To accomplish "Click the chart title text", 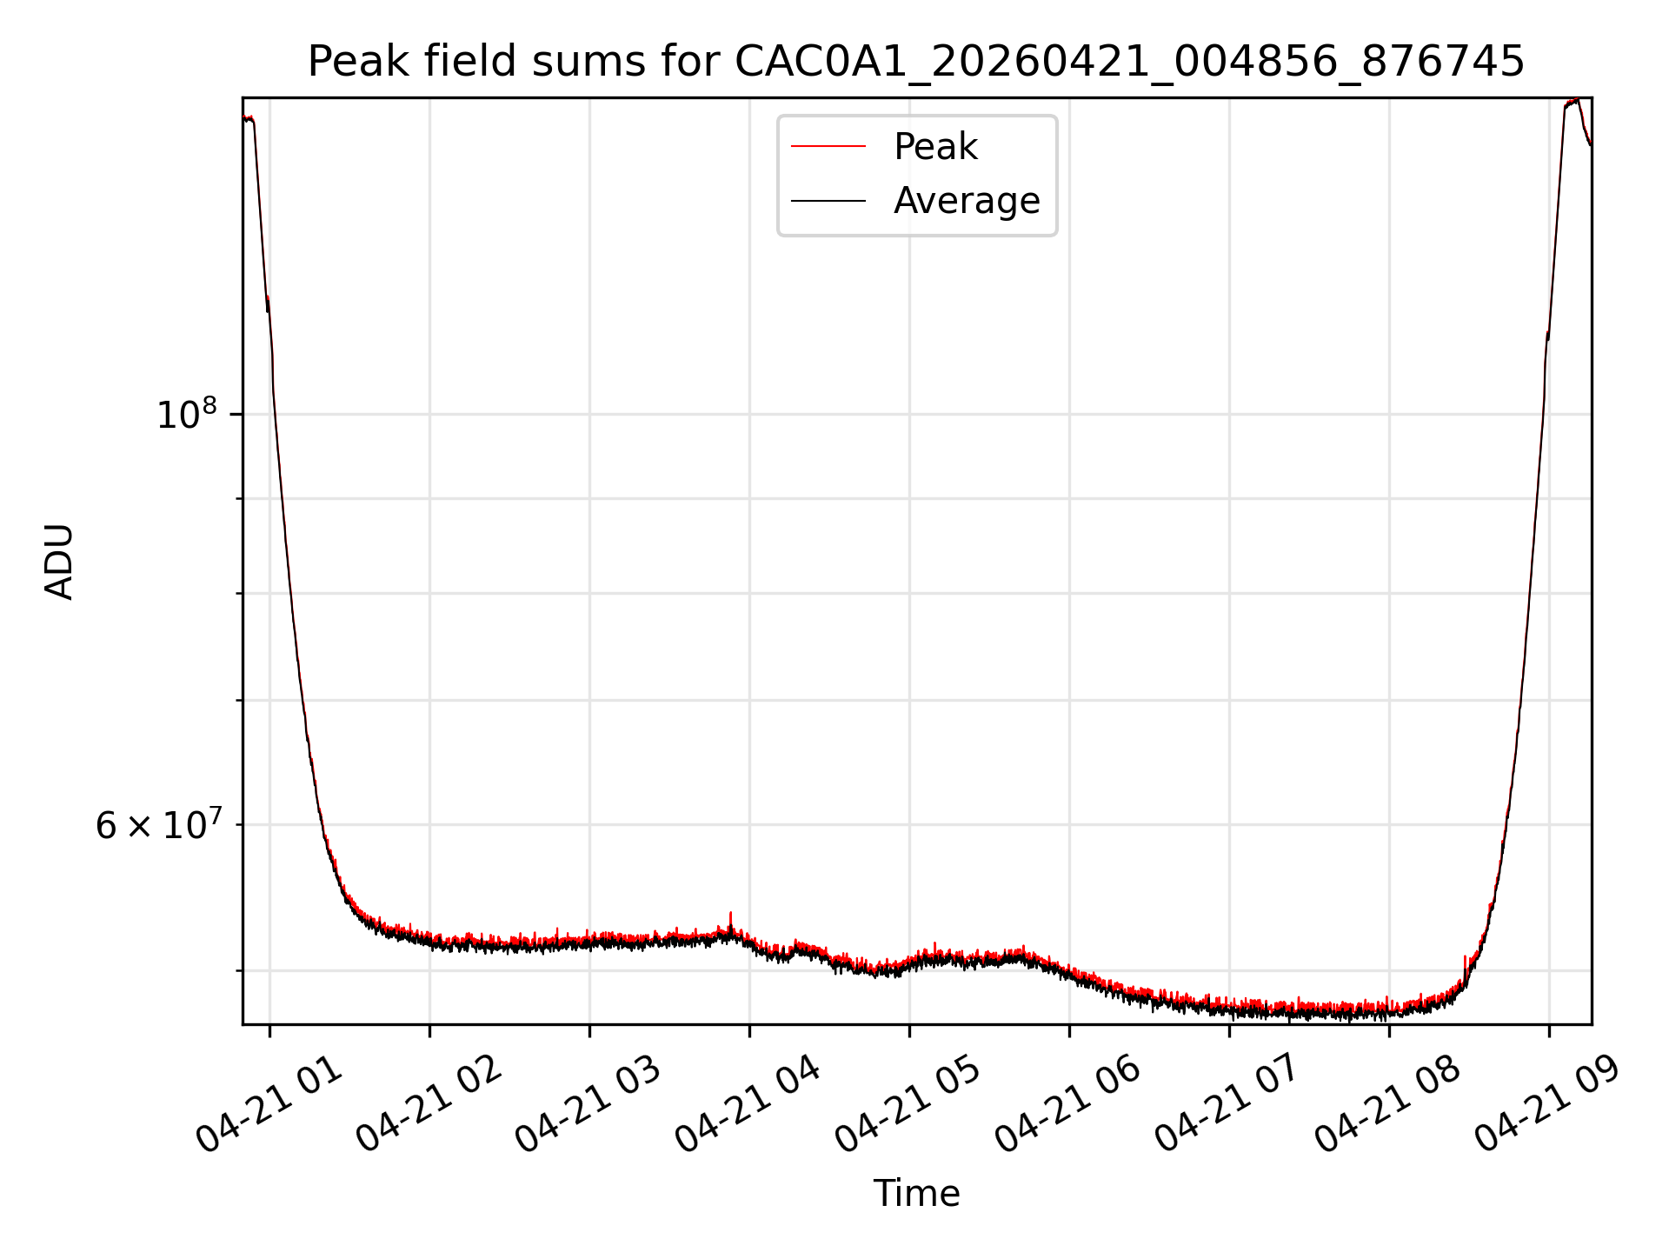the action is click(x=916, y=62).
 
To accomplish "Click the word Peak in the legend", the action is click(x=935, y=147).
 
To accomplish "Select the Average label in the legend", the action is click(x=967, y=201).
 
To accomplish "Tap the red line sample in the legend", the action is click(x=828, y=147).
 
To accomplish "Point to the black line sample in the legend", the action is click(x=828, y=201).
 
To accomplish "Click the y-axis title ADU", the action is click(x=59, y=562).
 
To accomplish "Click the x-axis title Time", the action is click(x=916, y=1194).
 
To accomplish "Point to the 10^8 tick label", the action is click(x=186, y=413).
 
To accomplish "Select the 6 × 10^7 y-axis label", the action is click(x=157, y=824).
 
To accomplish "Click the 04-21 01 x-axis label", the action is click(x=269, y=1104).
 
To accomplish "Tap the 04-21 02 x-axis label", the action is click(x=429, y=1104).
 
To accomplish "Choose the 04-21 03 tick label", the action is click(x=589, y=1104).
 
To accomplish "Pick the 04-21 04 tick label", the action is click(x=749, y=1104).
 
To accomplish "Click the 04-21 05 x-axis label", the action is click(x=909, y=1104).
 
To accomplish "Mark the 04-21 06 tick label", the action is click(x=1069, y=1104).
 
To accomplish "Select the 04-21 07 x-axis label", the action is click(x=1229, y=1104).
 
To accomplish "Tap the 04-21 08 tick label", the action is click(x=1389, y=1104).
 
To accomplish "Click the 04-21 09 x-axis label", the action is click(x=1549, y=1104).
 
